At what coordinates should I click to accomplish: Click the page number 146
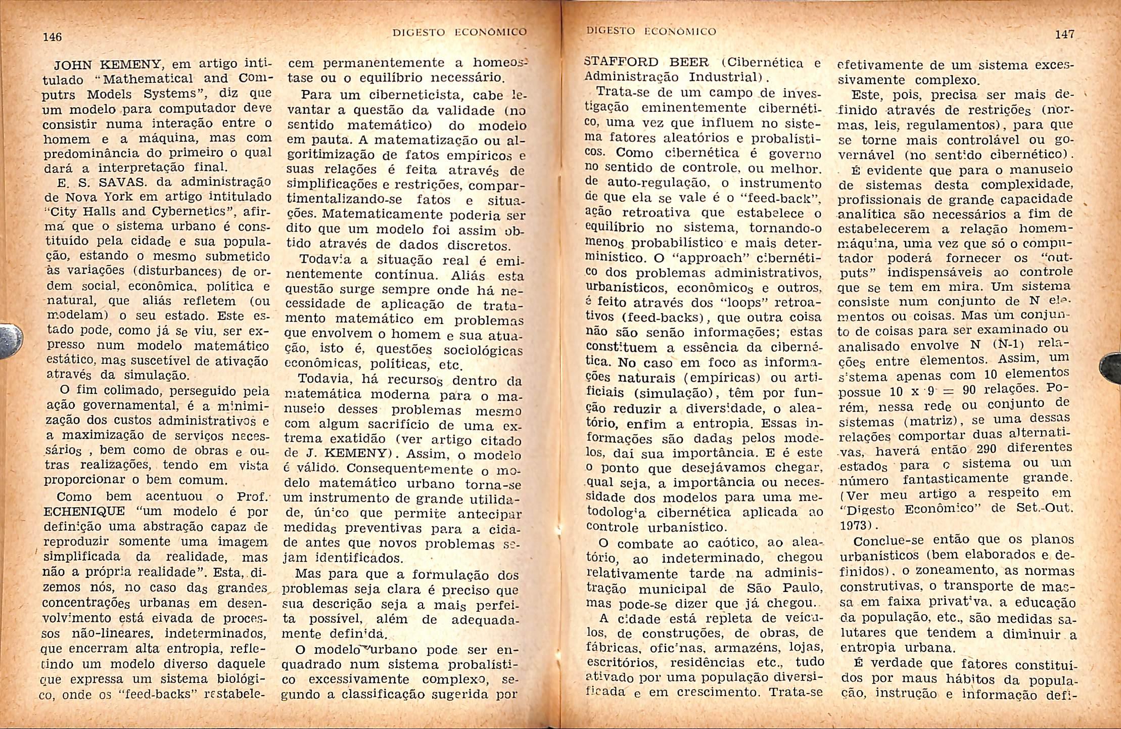(x=53, y=37)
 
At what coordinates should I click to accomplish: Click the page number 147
(x=1064, y=34)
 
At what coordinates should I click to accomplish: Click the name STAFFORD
(x=621, y=63)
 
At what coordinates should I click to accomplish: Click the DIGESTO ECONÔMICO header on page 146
(x=459, y=32)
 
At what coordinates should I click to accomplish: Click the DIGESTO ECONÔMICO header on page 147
(x=651, y=31)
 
